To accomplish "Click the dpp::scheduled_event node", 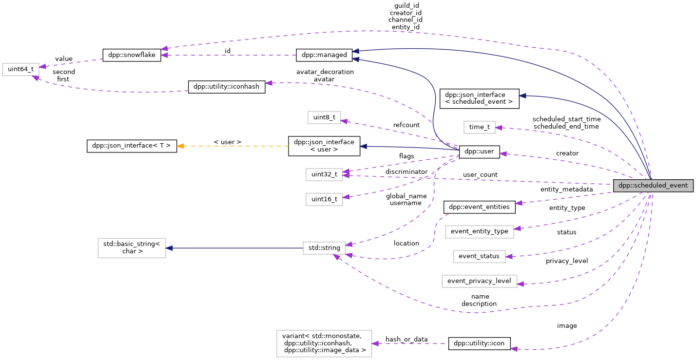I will click(653, 185).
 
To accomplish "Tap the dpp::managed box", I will click(324, 55).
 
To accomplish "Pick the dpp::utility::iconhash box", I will click(227, 87).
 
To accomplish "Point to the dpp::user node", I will click(479, 152).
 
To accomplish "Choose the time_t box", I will click(479, 127).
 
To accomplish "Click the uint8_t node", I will click(324, 117).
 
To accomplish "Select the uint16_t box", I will click(324, 199).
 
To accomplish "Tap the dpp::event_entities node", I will click(479, 207).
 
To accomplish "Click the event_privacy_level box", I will click(479, 281).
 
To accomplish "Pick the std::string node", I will click(324, 247).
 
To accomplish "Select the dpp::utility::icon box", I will click(479, 343).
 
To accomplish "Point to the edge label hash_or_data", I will click(406, 339).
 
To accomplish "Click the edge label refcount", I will click(406, 125).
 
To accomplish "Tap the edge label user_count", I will click(480, 174).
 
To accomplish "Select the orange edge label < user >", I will click(228, 142).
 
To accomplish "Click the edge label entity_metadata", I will click(566, 189).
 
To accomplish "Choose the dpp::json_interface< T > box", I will click(132, 146).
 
